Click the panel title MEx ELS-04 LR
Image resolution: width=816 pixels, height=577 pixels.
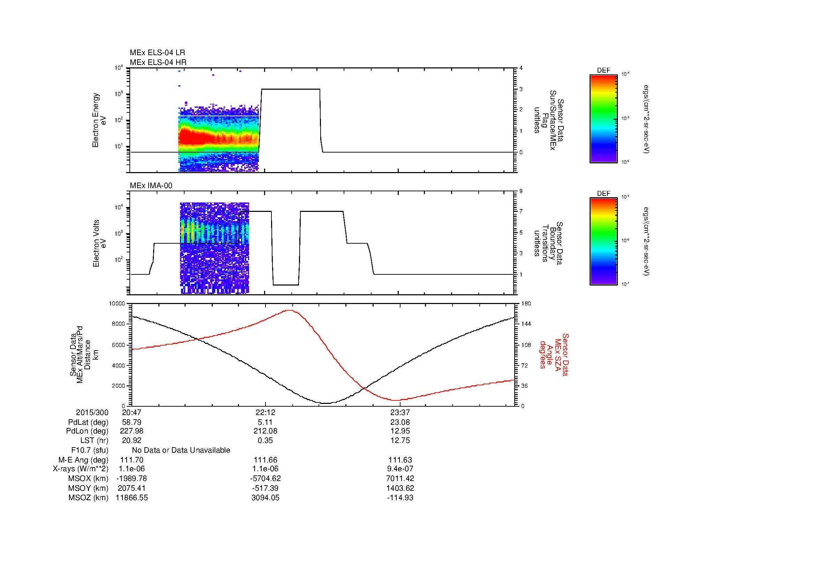coord(157,53)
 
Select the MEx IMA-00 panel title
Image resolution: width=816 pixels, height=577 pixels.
coord(151,186)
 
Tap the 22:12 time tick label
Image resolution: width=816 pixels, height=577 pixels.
coord(265,412)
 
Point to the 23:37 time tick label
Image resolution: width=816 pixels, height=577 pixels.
coord(400,412)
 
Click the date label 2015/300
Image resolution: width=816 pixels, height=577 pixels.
coord(92,412)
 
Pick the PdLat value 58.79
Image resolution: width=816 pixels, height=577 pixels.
coord(132,422)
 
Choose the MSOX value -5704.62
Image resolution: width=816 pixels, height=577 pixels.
coord(265,479)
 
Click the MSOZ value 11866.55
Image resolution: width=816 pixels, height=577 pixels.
coord(132,498)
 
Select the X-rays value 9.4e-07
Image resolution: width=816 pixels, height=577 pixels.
coord(400,469)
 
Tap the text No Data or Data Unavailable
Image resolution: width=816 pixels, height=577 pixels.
coord(181,450)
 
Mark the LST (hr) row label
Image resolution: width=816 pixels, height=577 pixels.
coord(94,441)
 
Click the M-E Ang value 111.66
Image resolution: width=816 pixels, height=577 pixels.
coord(265,460)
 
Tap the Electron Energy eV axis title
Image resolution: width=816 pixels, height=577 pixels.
coord(99,120)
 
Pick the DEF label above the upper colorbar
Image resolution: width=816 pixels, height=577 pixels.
coord(604,71)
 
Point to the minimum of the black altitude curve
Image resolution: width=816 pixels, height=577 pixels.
coord(326,403)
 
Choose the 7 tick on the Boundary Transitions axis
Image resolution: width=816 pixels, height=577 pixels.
coord(521,211)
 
